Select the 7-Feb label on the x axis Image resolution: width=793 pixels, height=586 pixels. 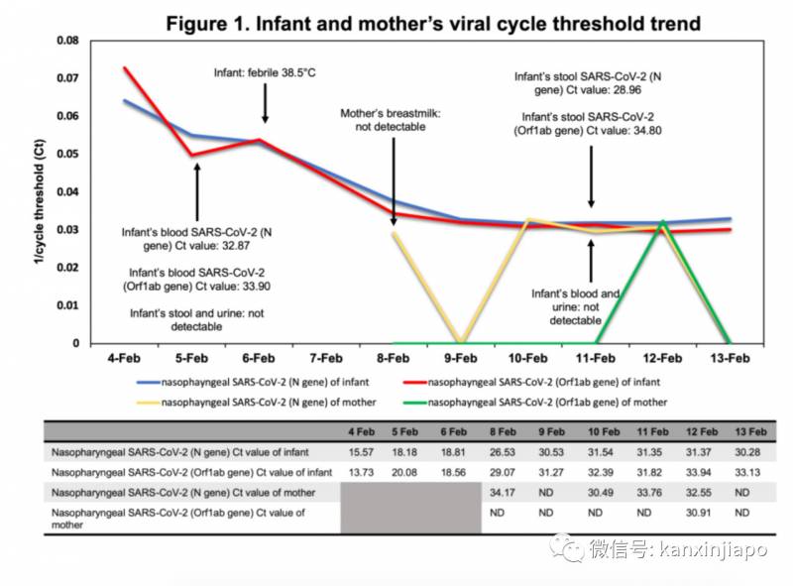coord(325,358)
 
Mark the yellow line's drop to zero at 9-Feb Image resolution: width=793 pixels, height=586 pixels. coord(460,342)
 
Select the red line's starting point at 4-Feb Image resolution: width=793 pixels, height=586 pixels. coord(125,67)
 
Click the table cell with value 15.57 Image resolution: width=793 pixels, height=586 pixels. coord(359,452)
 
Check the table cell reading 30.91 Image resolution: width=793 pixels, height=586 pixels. coord(700,513)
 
